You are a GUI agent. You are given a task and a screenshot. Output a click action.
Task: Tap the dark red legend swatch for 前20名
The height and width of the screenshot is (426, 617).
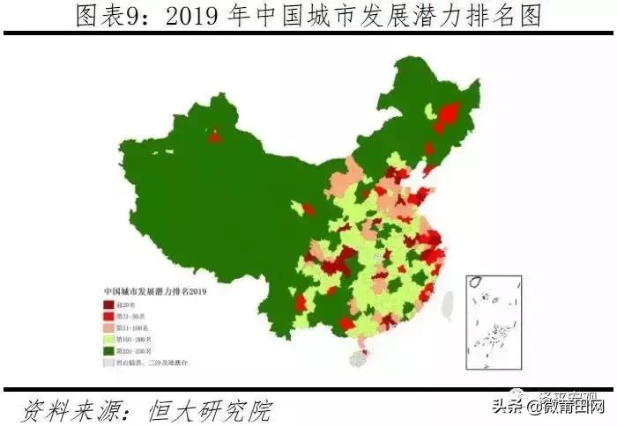coord(109,304)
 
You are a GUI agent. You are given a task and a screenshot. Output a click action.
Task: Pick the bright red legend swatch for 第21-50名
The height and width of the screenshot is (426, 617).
coord(109,315)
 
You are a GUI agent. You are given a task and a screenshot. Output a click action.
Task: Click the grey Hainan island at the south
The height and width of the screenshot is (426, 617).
coord(360,357)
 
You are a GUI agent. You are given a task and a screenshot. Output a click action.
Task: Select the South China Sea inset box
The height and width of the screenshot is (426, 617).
coord(498,322)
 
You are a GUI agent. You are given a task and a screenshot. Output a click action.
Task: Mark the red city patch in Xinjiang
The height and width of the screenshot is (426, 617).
coord(215,135)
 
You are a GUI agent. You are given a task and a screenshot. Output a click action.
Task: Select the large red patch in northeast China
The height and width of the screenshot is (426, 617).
coord(449,114)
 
